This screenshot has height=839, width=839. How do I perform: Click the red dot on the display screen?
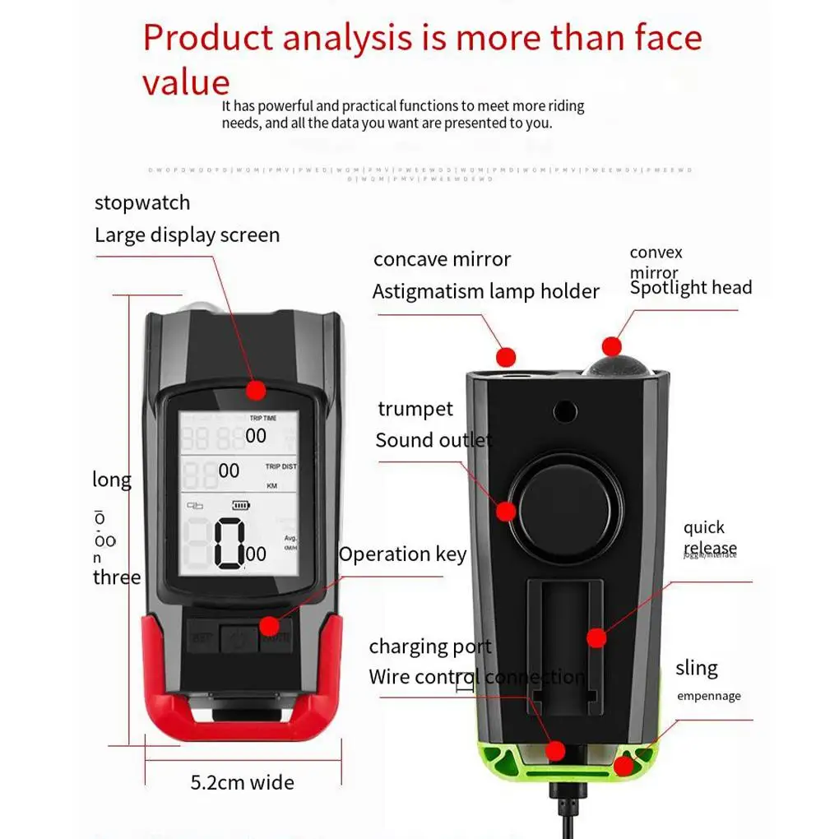click(256, 390)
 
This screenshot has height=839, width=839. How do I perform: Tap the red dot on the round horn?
click(506, 511)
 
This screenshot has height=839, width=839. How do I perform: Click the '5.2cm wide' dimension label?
click(242, 781)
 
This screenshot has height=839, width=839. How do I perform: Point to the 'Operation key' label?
click(402, 554)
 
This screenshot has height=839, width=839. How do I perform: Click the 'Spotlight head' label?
click(691, 287)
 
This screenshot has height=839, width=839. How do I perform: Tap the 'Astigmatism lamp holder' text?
click(485, 291)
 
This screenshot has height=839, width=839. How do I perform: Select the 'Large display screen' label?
click(187, 235)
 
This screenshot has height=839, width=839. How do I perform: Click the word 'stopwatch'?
click(142, 202)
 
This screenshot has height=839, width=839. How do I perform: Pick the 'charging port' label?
click(430, 647)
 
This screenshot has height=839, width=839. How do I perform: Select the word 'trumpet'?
click(415, 409)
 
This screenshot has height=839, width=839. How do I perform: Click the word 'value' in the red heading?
click(186, 82)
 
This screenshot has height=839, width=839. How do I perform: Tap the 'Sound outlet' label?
click(433, 440)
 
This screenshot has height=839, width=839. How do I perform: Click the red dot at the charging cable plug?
click(556, 750)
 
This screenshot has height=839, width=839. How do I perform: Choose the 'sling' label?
click(697, 667)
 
